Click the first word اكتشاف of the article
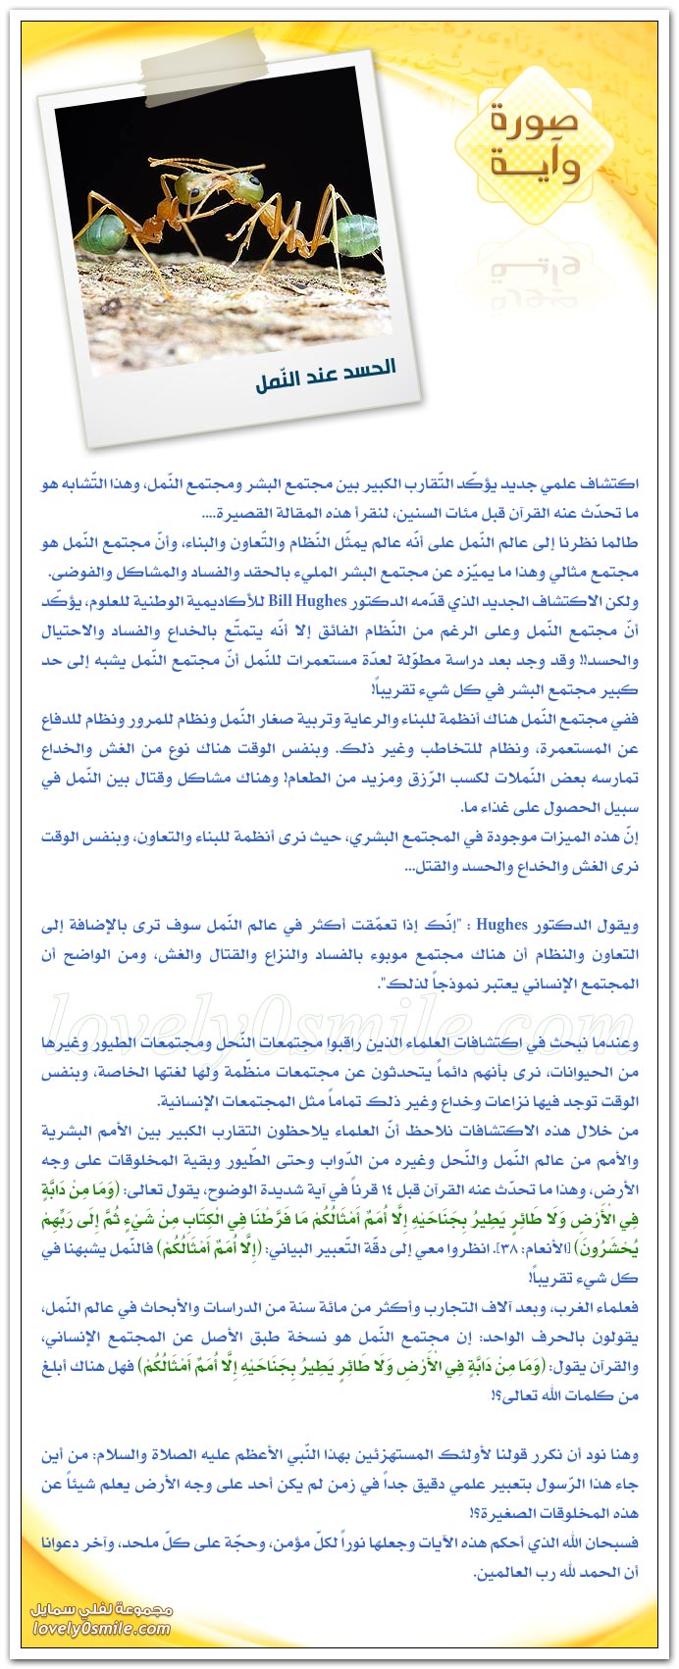pos(610,484)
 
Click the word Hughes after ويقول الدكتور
pos(502,925)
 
